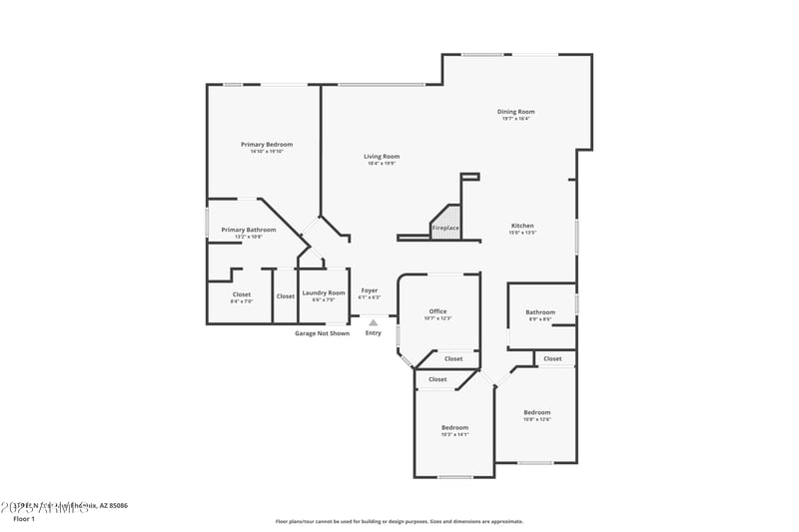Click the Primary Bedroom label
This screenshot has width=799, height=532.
(267, 145)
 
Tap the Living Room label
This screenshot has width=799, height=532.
(382, 157)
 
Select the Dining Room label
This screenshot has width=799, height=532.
(516, 112)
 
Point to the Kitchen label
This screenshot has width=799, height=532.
(523, 226)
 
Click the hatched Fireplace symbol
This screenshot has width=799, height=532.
(446, 220)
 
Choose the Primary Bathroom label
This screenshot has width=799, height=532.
(249, 230)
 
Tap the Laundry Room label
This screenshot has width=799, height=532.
(324, 292)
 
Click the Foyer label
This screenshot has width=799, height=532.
(370, 290)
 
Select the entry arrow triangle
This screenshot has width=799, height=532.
(373, 322)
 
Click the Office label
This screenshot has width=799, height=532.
(438, 311)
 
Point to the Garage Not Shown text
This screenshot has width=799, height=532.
(322, 333)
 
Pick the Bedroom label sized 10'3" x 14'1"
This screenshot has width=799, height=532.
(454, 427)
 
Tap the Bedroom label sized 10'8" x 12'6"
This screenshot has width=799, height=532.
(537, 412)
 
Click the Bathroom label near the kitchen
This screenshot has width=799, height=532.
(540, 312)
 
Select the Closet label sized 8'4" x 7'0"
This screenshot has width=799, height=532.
(242, 294)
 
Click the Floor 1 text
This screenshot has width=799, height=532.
(24, 519)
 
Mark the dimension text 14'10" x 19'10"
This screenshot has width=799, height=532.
(267, 152)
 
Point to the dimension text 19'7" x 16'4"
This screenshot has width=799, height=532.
(516, 119)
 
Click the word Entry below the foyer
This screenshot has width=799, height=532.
(373, 333)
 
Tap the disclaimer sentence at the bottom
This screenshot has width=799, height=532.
(399, 521)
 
